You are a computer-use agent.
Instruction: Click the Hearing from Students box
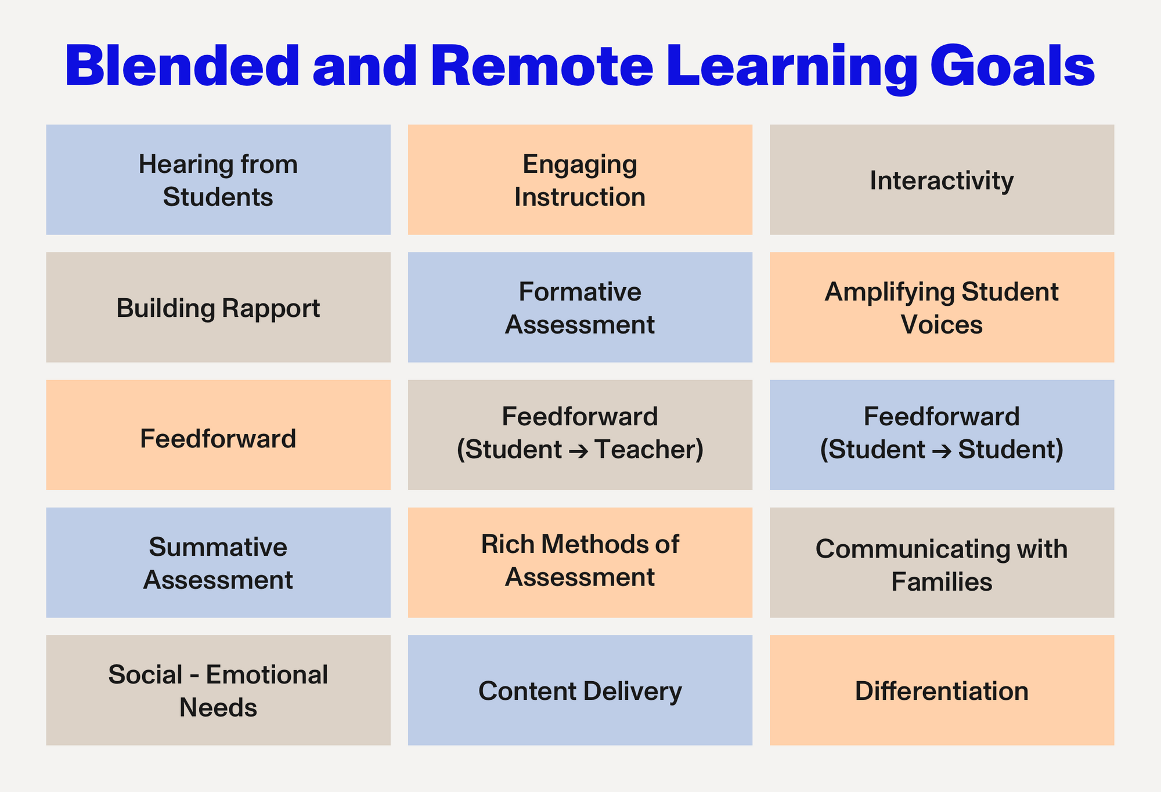(x=218, y=180)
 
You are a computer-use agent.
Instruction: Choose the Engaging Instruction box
(x=580, y=180)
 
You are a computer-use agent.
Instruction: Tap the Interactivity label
(x=942, y=180)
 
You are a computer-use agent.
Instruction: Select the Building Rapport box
(x=218, y=308)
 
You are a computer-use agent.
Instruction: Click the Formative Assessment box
(x=580, y=308)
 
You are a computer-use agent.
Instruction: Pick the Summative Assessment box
(x=218, y=563)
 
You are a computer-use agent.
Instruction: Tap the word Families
(x=942, y=581)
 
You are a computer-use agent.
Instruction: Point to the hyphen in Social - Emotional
(x=194, y=675)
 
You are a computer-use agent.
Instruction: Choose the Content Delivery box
(x=580, y=690)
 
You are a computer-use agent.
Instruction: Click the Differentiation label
(x=942, y=691)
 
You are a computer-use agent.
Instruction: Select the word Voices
(x=942, y=325)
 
